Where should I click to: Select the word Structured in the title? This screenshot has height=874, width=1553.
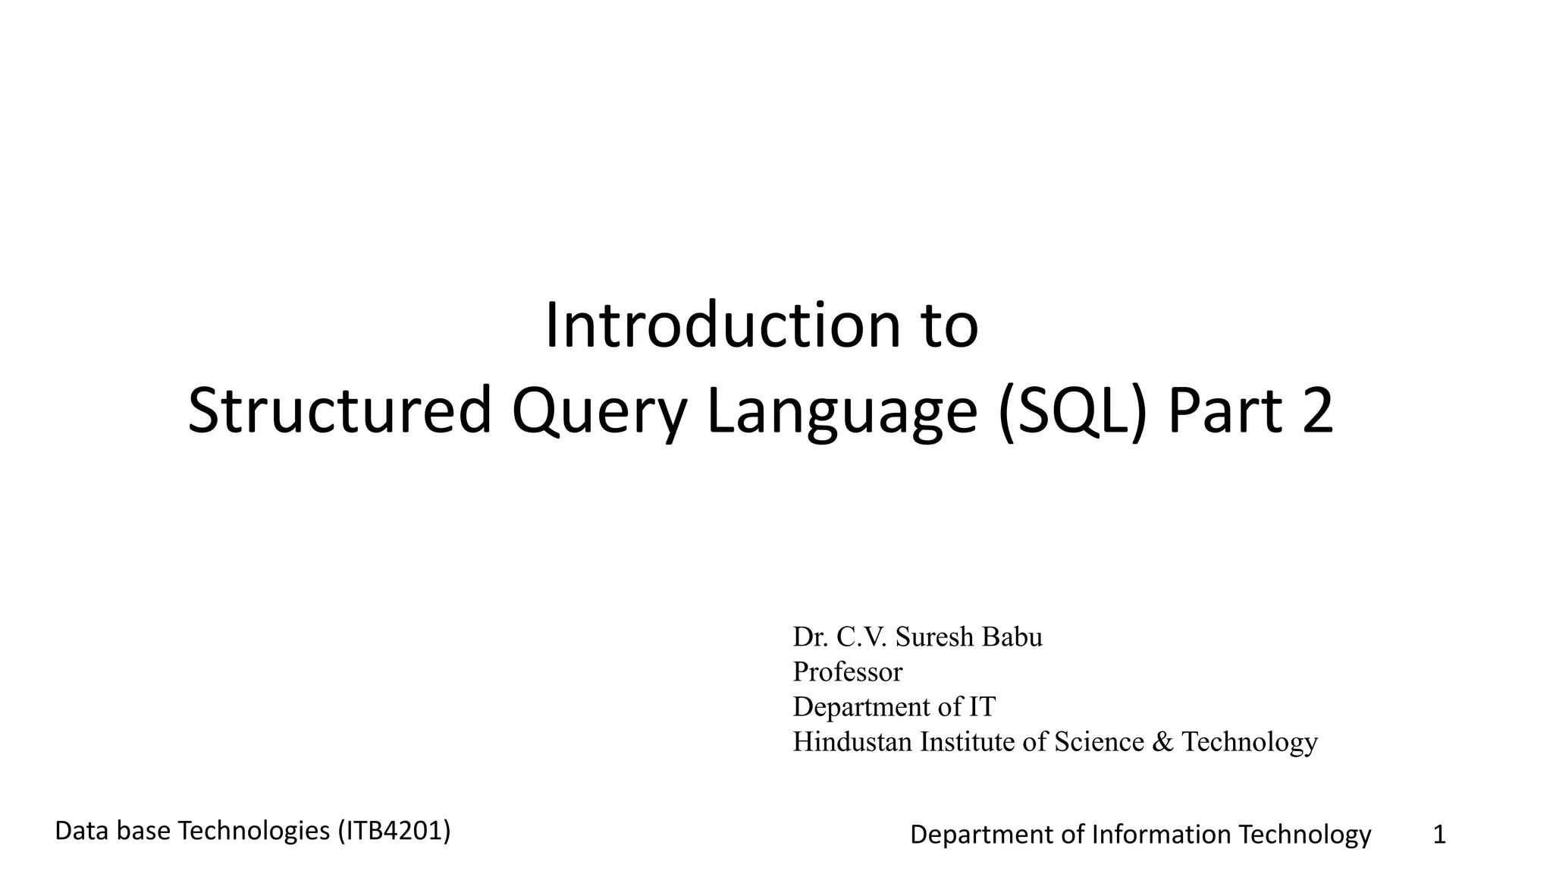pyautogui.click(x=339, y=410)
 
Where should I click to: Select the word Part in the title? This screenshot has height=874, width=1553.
pyautogui.click(x=1225, y=410)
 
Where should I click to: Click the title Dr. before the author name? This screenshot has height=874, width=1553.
pyautogui.click(x=810, y=637)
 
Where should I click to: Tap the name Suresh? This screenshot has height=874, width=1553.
pyautogui.click(x=934, y=637)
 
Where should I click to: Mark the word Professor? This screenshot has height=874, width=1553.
pyautogui.click(x=848, y=672)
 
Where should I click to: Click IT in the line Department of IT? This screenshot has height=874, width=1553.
pyautogui.click(x=981, y=707)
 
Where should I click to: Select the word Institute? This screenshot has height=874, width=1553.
pyautogui.click(x=968, y=742)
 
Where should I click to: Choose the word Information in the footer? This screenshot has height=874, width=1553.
pyautogui.click(x=1161, y=835)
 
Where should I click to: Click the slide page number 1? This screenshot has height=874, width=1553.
pyautogui.click(x=1439, y=835)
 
